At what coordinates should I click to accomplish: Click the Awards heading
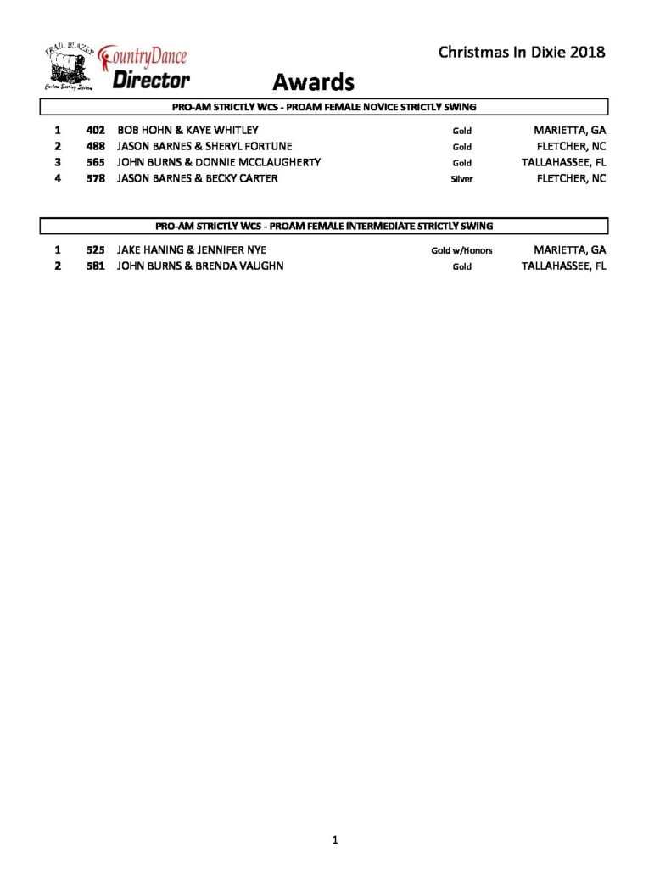312,82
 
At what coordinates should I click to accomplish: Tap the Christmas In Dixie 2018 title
521,53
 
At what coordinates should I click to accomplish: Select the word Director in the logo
151,81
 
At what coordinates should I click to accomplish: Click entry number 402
94,131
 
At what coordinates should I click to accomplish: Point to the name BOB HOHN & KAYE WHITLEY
187,131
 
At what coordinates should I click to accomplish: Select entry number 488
94,147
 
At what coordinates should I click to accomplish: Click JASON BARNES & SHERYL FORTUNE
204,147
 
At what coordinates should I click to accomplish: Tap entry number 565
94,163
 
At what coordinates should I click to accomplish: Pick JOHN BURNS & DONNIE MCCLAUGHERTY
218,163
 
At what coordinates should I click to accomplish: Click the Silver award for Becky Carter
461,180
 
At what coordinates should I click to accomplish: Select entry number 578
94,179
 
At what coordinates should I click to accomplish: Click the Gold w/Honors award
461,251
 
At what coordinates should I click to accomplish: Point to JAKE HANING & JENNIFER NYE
192,250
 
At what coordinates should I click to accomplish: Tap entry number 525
94,250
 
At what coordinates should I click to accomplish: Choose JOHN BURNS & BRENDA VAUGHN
200,266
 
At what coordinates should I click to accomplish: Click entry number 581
94,266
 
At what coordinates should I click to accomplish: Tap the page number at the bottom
335,840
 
